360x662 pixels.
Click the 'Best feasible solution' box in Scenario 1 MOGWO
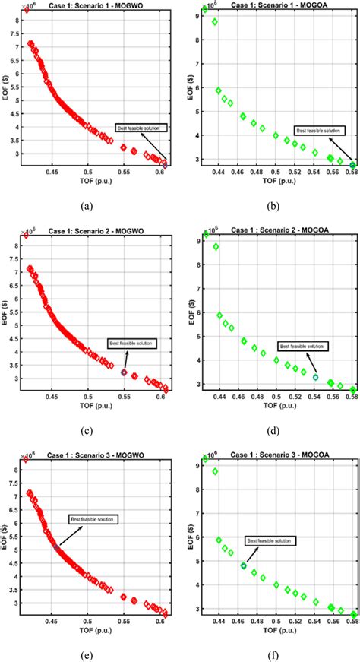coord(135,128)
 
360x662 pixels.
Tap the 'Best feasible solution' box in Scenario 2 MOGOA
coord(302,346)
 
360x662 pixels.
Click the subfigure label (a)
coord(90,204)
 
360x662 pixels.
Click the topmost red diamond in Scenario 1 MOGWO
coord(27,11)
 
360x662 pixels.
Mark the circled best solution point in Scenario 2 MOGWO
coord(124,372)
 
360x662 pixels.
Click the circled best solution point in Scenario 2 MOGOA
coord(315,377)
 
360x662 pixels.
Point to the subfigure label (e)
coord(90,651)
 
